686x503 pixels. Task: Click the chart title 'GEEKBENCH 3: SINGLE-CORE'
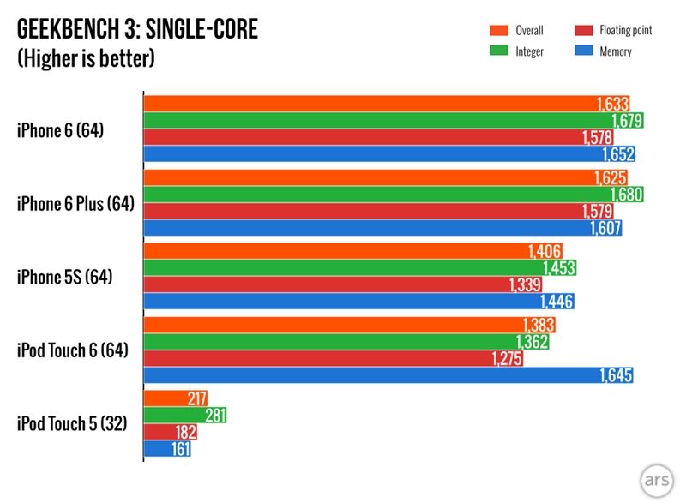[x=137, y=32]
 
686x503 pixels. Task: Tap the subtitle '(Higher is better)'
[x=86, y=60]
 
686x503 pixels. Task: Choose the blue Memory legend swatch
[x=581, y=51]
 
